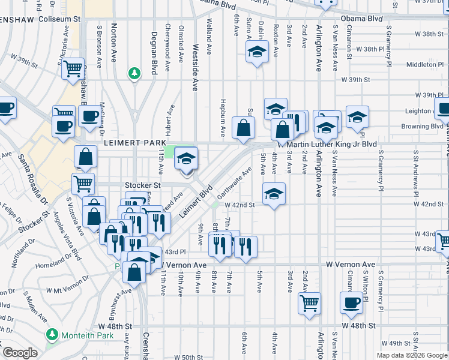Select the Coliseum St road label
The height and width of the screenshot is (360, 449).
pyautogui.click(x=59, y=19)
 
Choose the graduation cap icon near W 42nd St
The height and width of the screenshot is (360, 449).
pyautogui.click(x=274, y=193)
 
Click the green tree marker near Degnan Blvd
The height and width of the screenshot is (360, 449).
pyautogui.click(x=135, y=73)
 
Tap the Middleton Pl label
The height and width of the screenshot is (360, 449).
pyautogui.click(x=424, y=64)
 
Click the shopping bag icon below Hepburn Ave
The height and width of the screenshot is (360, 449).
pyautogui.click(x=243, y=128)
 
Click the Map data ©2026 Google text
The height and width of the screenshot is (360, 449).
pyautogui.click(x=412, y=355)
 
